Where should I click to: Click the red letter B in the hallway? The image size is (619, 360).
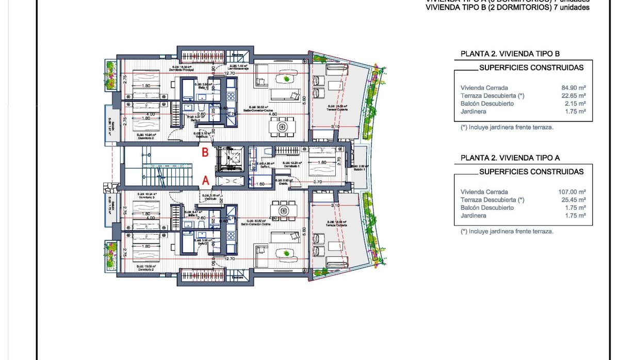pyautogui.click(x=205, y=153)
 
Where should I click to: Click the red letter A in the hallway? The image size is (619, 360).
pyautogui.click(x=205, y=181)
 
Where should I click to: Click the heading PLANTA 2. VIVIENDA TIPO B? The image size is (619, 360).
pyautogui.click(x=510, y=54)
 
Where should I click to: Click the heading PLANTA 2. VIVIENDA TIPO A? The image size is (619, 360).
pyautogui.click(x=510, y=158)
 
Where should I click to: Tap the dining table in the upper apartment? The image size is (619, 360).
pyautogui.click(x=282, y=126)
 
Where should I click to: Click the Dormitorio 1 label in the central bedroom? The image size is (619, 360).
pyautogui.click(x=291, y=166)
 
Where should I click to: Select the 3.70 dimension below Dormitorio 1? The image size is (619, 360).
pyautogui.click(x=317, y=182)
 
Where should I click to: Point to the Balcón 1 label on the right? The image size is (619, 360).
pyautogui.click(x=359, y=169)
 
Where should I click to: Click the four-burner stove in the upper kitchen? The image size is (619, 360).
pyautogui.click(x=231, y=95)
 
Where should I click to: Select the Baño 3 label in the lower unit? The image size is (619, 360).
pyautogui.click(x=198, y=215)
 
